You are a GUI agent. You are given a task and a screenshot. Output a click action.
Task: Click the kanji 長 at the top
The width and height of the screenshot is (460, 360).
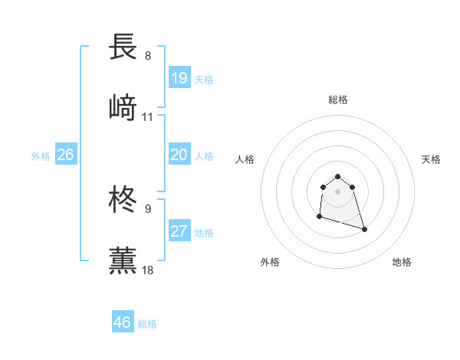click(123, 47)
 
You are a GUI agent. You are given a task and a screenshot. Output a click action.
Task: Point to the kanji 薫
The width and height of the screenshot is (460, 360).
click(123, 260)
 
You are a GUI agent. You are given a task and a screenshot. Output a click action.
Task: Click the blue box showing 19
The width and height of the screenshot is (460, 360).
click(179, 78)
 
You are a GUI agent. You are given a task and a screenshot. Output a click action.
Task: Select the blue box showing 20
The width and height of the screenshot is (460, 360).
click(179, 155)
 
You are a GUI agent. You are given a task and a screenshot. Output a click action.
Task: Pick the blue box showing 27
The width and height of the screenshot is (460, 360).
click(179, 231)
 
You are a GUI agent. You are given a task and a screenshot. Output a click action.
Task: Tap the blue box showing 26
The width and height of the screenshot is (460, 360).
click(65, 155)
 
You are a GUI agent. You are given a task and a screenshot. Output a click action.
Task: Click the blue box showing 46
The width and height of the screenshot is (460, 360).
click(123, 322)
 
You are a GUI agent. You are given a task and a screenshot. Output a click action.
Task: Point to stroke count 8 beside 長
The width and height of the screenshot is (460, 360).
click(148, 56)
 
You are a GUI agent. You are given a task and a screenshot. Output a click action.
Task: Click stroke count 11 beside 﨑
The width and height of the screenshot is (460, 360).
click(148, 117)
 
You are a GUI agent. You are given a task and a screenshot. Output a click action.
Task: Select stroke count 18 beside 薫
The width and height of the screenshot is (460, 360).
click(148, 270)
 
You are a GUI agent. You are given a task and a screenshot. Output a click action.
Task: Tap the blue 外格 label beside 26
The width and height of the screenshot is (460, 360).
click(41, 156)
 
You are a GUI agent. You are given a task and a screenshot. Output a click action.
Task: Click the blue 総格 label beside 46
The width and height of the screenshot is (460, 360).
click(147, 324)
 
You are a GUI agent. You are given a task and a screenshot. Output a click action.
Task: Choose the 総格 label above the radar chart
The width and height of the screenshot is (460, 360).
click(337, 100)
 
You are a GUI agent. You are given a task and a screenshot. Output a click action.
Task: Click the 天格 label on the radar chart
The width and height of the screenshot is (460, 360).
click(431, 159)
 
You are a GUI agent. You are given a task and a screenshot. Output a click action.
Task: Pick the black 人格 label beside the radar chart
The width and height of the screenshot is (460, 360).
click(245, 159)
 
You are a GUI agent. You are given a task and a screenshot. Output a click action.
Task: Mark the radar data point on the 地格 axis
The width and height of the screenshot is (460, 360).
click(364, 229)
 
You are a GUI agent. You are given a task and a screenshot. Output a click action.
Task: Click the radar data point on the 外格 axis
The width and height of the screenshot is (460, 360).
click(319, 218)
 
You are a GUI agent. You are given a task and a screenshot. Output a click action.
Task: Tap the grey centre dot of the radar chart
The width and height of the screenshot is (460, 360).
click(337, 191)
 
